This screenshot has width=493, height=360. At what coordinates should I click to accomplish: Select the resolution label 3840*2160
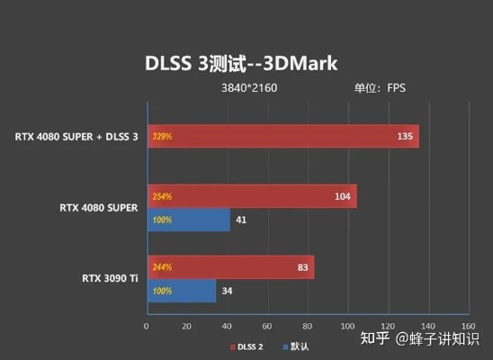249,88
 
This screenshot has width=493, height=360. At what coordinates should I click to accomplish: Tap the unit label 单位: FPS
379,88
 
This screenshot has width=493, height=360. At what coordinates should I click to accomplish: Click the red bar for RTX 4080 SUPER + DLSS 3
282,137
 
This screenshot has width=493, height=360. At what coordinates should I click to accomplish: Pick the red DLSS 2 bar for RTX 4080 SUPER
251,196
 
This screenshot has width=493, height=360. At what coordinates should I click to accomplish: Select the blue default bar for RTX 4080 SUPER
188,220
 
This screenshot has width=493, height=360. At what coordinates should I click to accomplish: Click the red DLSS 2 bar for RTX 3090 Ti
229,267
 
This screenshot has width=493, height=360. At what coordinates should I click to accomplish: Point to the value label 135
405,137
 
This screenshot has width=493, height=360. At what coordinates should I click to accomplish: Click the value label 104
342,196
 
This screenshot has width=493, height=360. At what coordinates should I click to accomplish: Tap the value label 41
241,220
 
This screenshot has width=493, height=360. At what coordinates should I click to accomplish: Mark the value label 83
301,267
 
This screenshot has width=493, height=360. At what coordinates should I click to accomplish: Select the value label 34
228,291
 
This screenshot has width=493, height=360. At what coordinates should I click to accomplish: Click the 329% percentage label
162,137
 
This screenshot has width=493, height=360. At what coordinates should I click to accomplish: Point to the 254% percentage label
162,196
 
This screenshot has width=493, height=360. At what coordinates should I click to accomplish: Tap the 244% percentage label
162,267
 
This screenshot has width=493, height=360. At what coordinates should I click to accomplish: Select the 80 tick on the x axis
306,325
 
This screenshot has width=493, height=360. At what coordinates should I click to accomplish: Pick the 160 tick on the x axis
465,325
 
